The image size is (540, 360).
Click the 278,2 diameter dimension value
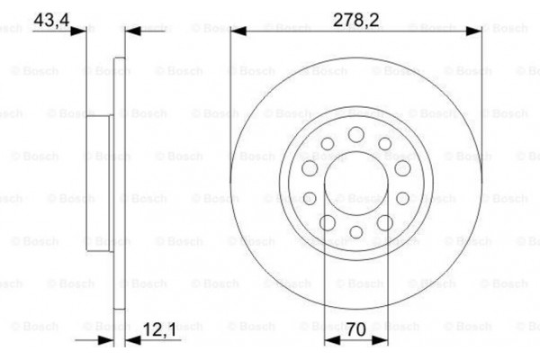point(353,17)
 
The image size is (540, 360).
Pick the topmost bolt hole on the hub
point(355,134)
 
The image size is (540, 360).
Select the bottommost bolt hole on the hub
point(355,233)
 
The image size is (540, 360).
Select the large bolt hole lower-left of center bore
point(327,222)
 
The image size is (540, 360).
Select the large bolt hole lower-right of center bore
point(383,222)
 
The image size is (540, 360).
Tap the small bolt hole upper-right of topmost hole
point(384,143)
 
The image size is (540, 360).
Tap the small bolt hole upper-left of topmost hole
point(326,143)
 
